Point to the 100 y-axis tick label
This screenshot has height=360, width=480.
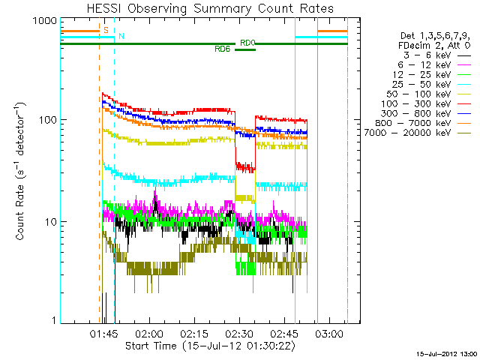[x=46, y=120]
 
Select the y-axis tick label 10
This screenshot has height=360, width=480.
[x=49, y=222]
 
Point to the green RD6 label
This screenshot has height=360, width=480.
[x=222, y=49]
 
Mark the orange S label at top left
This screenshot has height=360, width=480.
[x=106, y=29]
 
